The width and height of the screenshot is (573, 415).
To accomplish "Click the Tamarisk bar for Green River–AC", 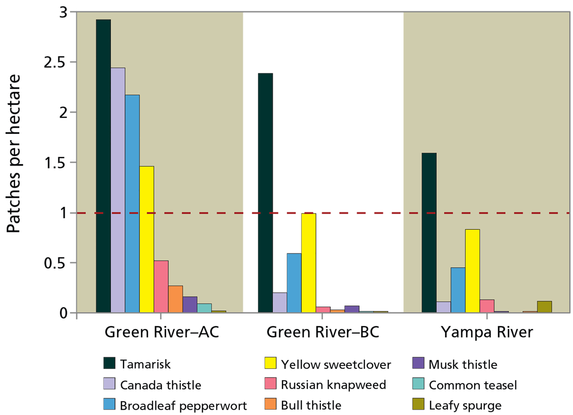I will tap(103, 166).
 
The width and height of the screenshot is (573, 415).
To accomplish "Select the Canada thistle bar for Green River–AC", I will tap(118, 190).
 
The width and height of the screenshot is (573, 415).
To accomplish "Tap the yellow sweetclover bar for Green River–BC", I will tap(308, 263).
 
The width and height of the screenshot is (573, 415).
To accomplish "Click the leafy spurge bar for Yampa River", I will tap(544, 307).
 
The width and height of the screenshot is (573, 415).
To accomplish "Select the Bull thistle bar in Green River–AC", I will tap(176, 299).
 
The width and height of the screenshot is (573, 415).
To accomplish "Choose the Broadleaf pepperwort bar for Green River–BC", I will tap(294, 283).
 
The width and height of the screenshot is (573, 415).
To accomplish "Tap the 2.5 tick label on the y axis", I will tap(55, 63).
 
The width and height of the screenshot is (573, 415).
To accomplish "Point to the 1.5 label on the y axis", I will tap(55, 163).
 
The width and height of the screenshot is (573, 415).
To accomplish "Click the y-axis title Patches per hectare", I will tap(14, 154).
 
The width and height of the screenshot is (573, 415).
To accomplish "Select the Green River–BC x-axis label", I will tap(323, 332).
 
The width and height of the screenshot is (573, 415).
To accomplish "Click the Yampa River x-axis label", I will tap(487, 332).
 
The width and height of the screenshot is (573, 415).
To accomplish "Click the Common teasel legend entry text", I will tap(473, 385).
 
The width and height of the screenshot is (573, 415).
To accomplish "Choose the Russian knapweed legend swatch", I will tap(270, 384).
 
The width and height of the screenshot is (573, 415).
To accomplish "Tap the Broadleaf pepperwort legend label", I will tap(183, 406).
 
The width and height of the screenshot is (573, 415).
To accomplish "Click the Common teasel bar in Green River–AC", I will tap(204, 308).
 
